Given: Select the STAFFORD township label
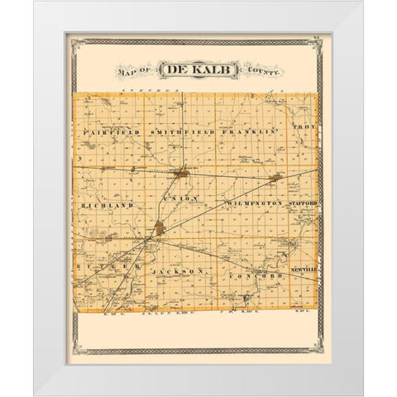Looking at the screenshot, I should [x=304, y=201].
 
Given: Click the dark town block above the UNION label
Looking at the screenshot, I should [x=183, y=173].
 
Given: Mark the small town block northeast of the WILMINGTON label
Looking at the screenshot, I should [x=277, y=177].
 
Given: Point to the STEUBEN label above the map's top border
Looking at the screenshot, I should [x=161, y=88].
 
